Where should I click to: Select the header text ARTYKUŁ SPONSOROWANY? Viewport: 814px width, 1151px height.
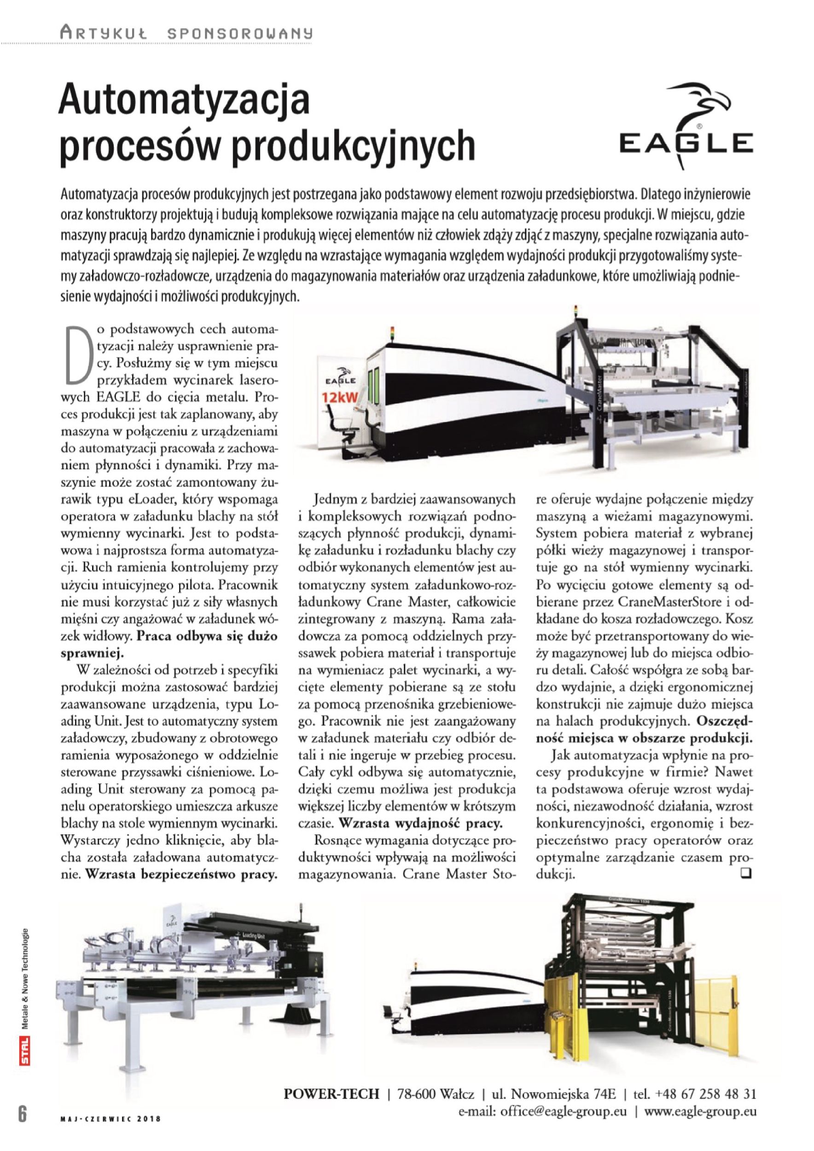point(186,34)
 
